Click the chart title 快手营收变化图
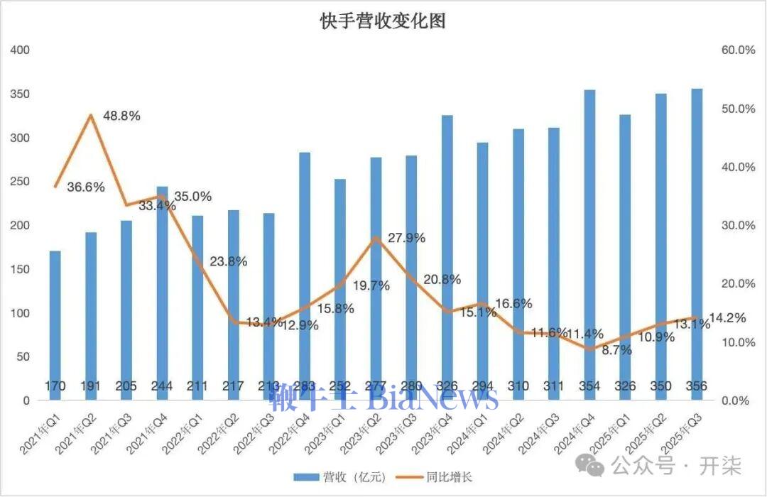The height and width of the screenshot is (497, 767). coord(383,22)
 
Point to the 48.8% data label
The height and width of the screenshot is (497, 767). coord(121,115)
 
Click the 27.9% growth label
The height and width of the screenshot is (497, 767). coord(406,238)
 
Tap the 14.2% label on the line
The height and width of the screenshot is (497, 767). coord(727,318)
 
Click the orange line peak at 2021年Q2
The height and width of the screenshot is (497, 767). coord(91,115)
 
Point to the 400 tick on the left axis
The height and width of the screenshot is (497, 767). coord(21,50)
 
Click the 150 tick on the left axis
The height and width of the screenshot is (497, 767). coord(21,269)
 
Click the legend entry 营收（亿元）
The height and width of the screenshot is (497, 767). coord(339,477)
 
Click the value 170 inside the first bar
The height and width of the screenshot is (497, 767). coord(55,386)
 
